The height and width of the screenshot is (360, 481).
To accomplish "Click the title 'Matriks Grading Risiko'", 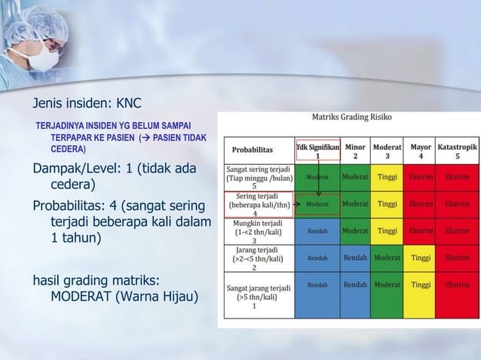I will [351, 117].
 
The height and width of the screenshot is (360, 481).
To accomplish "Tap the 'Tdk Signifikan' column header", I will [317, 150].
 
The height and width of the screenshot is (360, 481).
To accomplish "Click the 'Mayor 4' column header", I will [421, 150].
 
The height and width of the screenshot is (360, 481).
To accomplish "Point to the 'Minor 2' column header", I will [356, 150].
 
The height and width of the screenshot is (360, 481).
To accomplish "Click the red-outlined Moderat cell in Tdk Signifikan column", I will [317, 204].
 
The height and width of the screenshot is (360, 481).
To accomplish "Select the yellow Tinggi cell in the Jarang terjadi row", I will [421, 258].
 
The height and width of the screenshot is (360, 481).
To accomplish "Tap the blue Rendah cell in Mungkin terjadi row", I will [317, 231].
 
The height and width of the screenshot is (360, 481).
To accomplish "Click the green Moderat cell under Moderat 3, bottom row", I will [388, 285].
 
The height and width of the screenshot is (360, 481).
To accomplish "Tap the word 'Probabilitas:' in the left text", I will [72, 206].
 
